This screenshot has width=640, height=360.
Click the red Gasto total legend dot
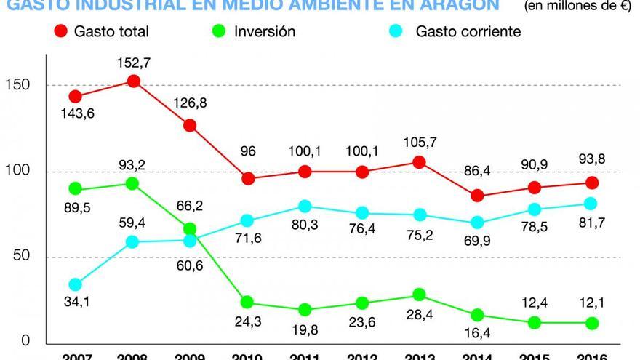(x=60, y=32)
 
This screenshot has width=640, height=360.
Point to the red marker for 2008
(x=133, y=81)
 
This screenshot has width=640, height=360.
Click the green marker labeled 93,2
(x=133, y=183)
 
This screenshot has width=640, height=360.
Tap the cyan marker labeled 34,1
(x=75, y=284)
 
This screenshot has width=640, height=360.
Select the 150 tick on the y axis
(x=23, y=84)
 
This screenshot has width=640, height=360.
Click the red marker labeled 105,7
(x=419, y=162)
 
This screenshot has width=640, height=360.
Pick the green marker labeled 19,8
(x=304, y=310)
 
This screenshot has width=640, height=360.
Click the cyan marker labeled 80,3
(x=304, y=207)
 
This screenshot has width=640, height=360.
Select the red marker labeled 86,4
(x=476, y=196)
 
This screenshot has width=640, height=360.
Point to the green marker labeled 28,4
(x=419, y=295)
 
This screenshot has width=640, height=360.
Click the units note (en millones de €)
(x=579, y=7)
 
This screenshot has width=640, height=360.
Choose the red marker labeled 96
(x=247, y=179)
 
